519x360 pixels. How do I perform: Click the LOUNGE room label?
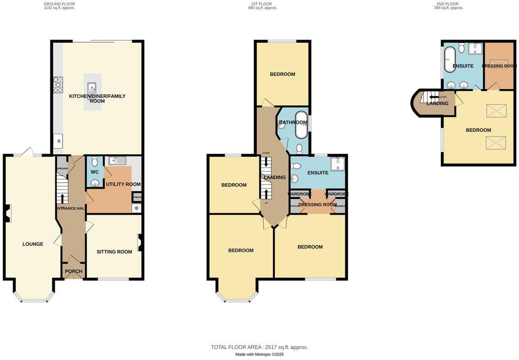33,244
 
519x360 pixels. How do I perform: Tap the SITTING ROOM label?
114,252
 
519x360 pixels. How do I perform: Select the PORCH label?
74,271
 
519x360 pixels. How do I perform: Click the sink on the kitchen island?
92,87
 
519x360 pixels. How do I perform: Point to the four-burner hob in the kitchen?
58,85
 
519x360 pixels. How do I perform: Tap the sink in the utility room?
117,160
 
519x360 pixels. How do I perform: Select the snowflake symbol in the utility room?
136,208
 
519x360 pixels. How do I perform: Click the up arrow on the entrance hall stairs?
62,198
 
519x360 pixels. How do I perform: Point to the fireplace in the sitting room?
140,243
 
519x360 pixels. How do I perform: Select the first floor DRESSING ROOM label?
317,205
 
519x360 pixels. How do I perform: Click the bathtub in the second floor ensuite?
450,60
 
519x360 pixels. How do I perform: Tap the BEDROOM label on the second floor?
478,130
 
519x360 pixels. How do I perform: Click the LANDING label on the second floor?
437,103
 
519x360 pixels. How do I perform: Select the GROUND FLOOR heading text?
59,4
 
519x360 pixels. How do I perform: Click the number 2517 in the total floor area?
271,347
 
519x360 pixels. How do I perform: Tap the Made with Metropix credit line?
259,355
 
